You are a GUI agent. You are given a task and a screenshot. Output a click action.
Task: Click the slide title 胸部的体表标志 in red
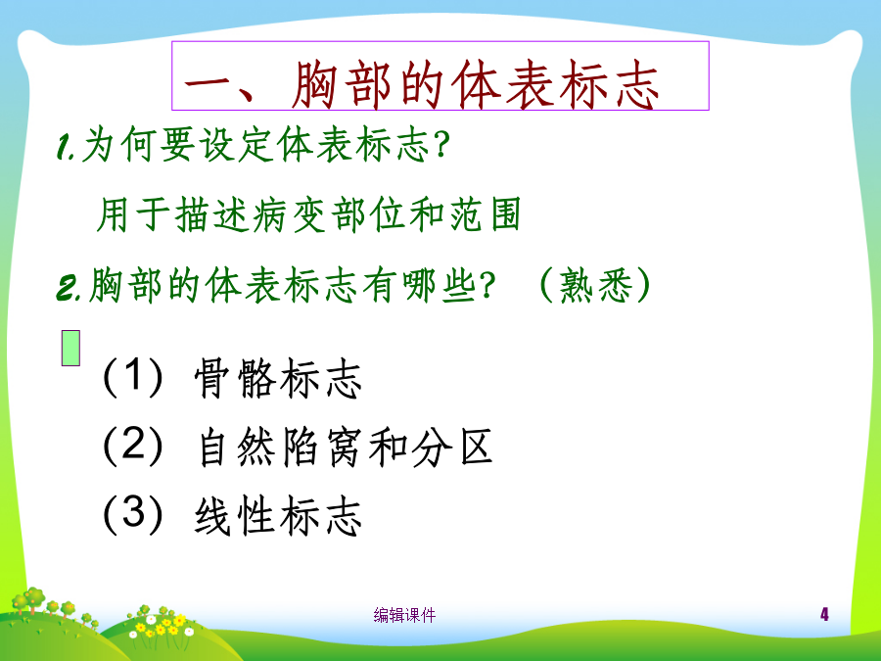[475, 84]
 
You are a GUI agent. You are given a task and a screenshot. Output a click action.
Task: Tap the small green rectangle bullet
[70, 349]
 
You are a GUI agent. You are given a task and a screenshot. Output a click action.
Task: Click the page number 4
[824, 614]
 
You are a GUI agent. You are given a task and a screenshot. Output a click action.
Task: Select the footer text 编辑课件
[404, 615]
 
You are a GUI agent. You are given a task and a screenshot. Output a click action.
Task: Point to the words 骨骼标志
[278, 378]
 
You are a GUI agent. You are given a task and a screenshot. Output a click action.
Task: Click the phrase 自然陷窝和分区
[346, 448]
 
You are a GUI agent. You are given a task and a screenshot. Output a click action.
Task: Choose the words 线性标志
[278, 515]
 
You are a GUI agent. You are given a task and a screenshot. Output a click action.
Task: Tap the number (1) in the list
[133, 377]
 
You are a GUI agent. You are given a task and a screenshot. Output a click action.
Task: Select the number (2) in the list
[133, 446]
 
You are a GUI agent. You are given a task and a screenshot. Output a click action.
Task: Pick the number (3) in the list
[133, 514]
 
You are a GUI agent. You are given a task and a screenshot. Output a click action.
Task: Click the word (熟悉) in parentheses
[595, 284]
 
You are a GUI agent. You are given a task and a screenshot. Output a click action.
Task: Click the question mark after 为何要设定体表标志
[442, 144]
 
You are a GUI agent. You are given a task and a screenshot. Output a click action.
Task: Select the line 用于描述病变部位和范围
[309, 214]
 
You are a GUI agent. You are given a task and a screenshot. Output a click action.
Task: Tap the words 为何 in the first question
[118, 144]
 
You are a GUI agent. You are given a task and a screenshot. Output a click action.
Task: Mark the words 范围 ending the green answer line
[485, 214]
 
